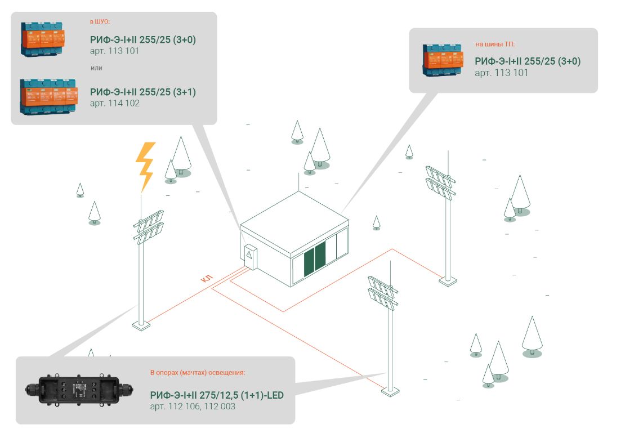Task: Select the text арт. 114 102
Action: click(114, 103)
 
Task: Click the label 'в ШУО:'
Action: click(100, 22)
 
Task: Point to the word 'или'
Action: click(96, 68)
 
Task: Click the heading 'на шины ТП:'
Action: click(495, 44)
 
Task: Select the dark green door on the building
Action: click(315, 259)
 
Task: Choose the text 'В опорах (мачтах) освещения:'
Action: click(198, 373)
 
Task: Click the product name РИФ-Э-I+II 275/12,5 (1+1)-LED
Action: click(217, 395)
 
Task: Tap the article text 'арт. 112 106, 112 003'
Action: click(193, 406)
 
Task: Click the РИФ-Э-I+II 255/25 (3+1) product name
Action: click(143, 92)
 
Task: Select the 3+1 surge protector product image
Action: click(48, 97)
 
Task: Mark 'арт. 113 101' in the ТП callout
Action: click(501, 73)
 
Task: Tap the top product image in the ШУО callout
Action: click(43, 39)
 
